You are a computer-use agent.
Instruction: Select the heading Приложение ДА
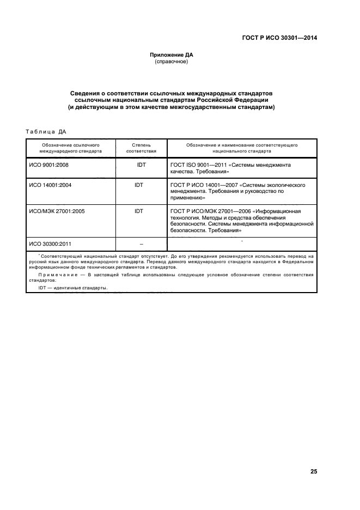point(172,55)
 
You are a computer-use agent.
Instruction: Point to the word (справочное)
point(172,62)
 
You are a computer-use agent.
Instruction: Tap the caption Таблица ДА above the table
point(46,131)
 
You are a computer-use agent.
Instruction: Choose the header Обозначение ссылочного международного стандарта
point(70,149)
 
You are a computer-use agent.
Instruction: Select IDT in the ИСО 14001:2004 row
point(139,185)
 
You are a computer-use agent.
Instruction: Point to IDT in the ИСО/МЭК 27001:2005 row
point(139,210)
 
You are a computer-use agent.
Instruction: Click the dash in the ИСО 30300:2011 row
point(141,244)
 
